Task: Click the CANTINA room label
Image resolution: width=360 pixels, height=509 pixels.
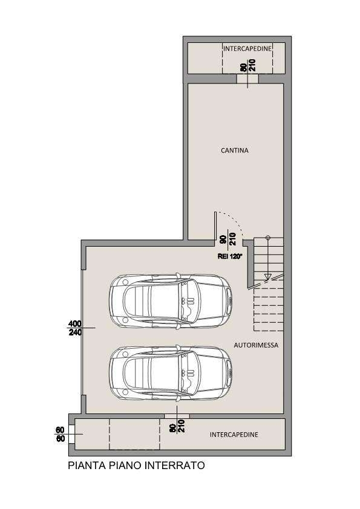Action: point(235,151)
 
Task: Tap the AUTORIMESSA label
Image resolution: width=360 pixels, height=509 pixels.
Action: point(256,345)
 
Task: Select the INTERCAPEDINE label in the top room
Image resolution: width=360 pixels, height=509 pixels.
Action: point(247,49)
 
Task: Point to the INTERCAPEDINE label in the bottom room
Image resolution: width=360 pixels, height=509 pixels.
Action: point(234,435)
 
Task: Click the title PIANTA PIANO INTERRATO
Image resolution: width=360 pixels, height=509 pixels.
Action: point(136,465)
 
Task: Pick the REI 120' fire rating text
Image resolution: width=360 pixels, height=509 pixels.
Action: point(230,256)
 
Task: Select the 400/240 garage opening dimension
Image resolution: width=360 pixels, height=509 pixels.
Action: point(75,328)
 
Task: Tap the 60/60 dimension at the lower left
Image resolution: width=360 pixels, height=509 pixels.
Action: point(60,434)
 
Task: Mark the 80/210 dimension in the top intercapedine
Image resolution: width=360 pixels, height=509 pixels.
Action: point(248,65)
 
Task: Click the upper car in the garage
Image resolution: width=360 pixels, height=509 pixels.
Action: point(171,301)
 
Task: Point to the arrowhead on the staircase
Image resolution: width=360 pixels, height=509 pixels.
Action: point(267,277)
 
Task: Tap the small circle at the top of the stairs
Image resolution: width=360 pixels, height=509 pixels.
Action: point(267,238)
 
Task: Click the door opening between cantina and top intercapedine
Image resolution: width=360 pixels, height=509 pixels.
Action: point(247,79)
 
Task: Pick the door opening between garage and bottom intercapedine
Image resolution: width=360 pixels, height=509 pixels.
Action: point(177,416)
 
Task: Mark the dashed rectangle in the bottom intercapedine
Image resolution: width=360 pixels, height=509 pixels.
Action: point(134,434)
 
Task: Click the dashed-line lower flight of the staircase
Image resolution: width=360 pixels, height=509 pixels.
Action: point(269,305)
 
